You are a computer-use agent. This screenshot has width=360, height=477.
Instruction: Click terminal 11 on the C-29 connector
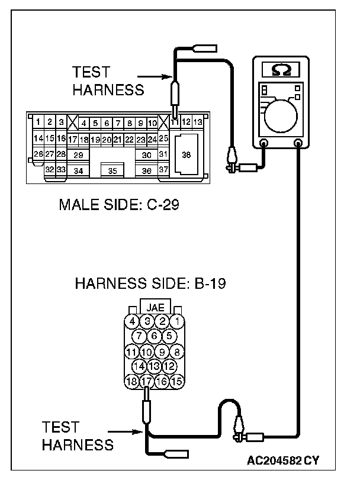click(x=175, y=123)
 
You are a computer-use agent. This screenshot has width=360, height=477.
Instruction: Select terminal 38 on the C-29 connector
click(x=186, y=155)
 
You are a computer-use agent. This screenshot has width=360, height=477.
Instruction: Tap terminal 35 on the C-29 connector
click(x=112, y=170)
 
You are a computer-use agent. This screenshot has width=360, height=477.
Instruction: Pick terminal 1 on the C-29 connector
click(x=38, y=122)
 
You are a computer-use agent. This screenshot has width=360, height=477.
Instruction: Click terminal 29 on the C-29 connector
click(x=78, y=155)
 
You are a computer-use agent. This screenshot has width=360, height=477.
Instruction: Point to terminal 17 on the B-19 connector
click(x=147, y=381)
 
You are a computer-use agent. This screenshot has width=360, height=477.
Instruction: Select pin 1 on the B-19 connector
click(x=177, y=321)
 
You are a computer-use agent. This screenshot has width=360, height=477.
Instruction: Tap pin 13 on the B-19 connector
click(x=155, y=366)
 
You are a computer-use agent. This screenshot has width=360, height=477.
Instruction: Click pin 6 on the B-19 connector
click(x=155, y=336)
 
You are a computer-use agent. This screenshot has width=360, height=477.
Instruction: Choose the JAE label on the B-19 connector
click(x=155, y=307)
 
